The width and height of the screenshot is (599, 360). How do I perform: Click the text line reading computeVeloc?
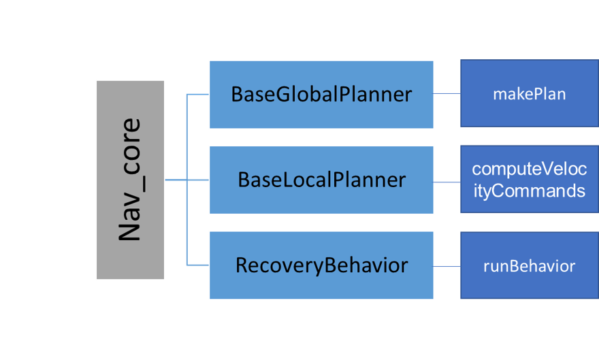pyautogui.click(x=529, y=169)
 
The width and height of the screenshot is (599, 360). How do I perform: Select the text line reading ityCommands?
pyautogui.click(x=529, y=191)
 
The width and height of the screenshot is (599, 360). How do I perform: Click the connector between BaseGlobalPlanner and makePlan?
pyautogui.click(x=447, y=94)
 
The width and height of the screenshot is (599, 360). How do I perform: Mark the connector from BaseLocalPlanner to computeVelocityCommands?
pyautogui.click(x=447, y=182)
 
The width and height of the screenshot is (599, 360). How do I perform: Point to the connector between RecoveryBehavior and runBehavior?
pyautogui.click(x=447, y=267)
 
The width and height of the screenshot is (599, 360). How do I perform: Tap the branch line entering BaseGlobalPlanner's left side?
pyautogui.click(x=197, y=95)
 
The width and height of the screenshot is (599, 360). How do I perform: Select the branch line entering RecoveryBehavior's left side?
pyautogui.click(x=197, y=265)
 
